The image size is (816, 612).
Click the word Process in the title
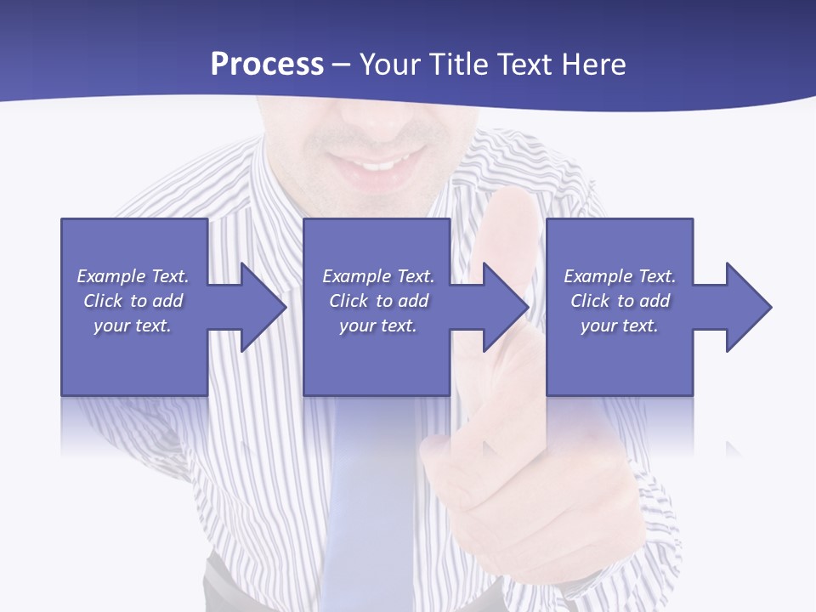267,65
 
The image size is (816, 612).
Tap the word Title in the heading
456,65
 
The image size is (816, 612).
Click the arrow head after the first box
260,307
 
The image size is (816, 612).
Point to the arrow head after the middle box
503,307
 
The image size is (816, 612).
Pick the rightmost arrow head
746,307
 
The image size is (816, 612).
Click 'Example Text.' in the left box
133,276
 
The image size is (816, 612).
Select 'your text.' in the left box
133,326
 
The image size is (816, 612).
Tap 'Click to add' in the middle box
378,301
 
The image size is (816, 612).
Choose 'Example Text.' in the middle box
378,276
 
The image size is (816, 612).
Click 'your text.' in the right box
620,326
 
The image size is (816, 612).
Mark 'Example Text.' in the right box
620,276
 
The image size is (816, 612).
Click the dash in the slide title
342,65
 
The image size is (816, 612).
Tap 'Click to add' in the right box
620,301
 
